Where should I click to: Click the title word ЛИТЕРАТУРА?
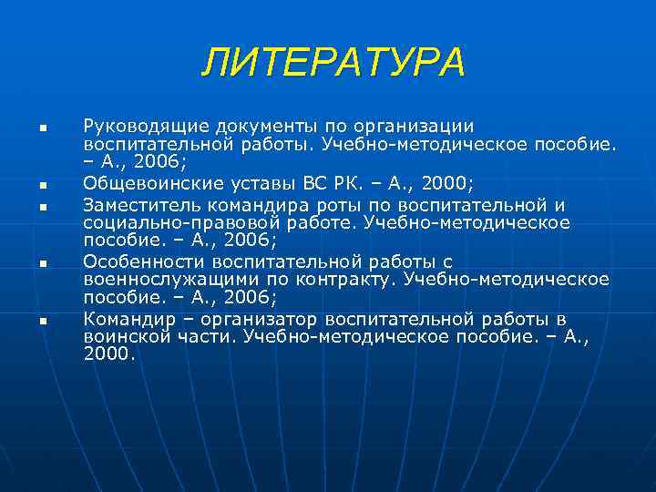pyautogui.click(x=333, y=63)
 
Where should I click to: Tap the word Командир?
pyautogui.click(x=124, y=319)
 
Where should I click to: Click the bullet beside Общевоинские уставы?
pyautogui.click(x=42, y=185)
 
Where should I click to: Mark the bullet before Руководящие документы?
pyautogui.click(x=42, y=128)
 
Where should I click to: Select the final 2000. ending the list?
pyautogui.click(x=108, y=356)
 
